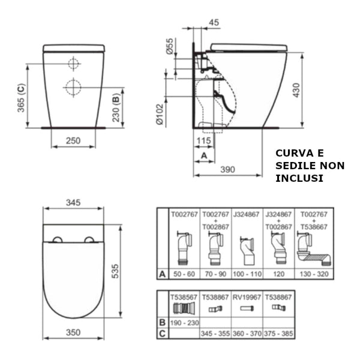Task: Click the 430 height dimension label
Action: tap(296, 90)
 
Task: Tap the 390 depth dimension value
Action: tap(227, 169)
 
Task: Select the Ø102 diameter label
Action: tap(160, 115)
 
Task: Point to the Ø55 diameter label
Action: tap(170, 46)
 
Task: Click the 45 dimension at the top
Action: tap(214, 22)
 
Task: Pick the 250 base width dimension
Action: tap(73, 140)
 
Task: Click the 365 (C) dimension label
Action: tap(22, 98)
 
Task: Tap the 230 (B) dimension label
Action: tap(116, 107)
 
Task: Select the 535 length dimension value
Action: tap(115, 271)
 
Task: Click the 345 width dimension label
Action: tap(73, 203)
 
